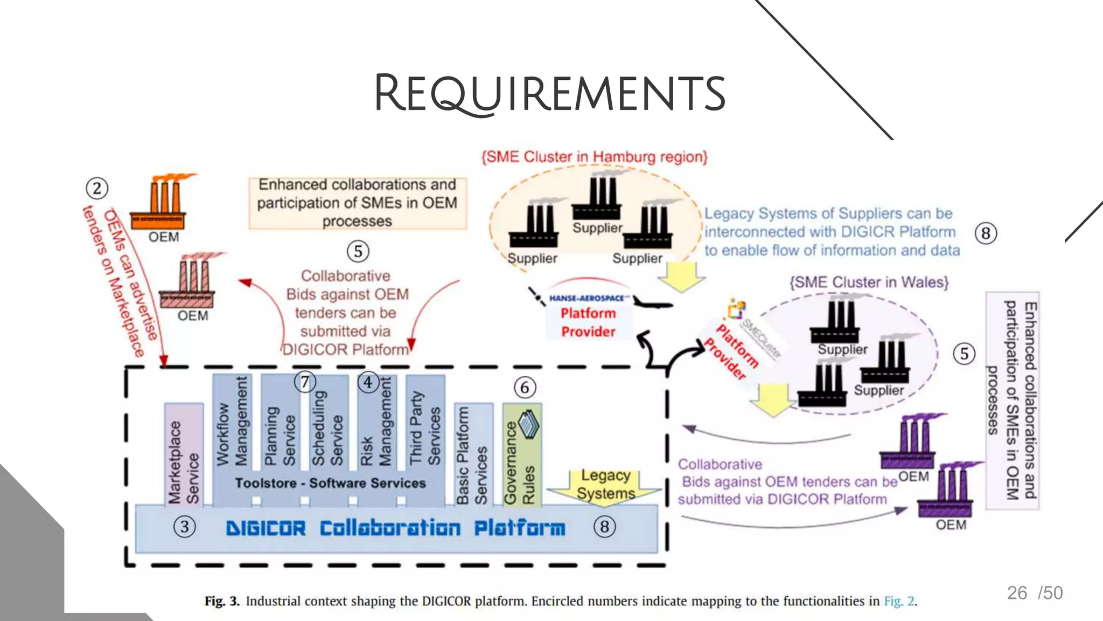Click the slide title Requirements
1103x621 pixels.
(x=550, y=93)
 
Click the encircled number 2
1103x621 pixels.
(x=97, y=189)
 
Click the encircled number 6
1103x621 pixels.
(x=525, y=388)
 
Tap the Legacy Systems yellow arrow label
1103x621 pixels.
(x=606, y=485)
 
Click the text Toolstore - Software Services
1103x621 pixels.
(x=330, y=483)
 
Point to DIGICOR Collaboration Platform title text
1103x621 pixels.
(x=396, y=528)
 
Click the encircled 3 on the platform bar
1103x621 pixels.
(x=185, y=527)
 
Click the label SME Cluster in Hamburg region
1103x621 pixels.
(x=594, y=157)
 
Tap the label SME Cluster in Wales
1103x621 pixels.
(x=869, y=282)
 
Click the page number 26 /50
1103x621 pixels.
(x=1035, y=593)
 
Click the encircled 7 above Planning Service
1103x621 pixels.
(x=305, y=382)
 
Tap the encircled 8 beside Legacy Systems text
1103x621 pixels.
(x=986, y=233)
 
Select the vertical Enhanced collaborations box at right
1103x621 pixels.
(x=1012, y=400)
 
